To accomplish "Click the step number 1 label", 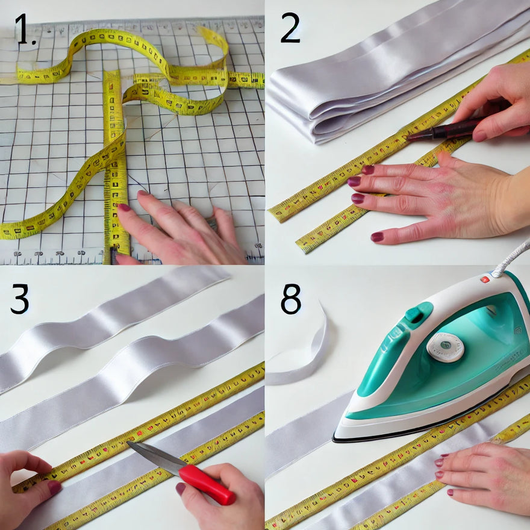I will (25, 31).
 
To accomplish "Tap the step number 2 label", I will (290, 28).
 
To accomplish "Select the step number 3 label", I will (19, 299).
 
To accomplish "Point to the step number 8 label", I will (291, 299).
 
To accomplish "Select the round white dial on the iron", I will (445, 347).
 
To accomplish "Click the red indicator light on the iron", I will (484, 279).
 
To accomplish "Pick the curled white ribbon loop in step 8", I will (301, 355).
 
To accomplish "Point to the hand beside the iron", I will (488, 476).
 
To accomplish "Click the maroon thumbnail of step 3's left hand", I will (54, 487).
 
